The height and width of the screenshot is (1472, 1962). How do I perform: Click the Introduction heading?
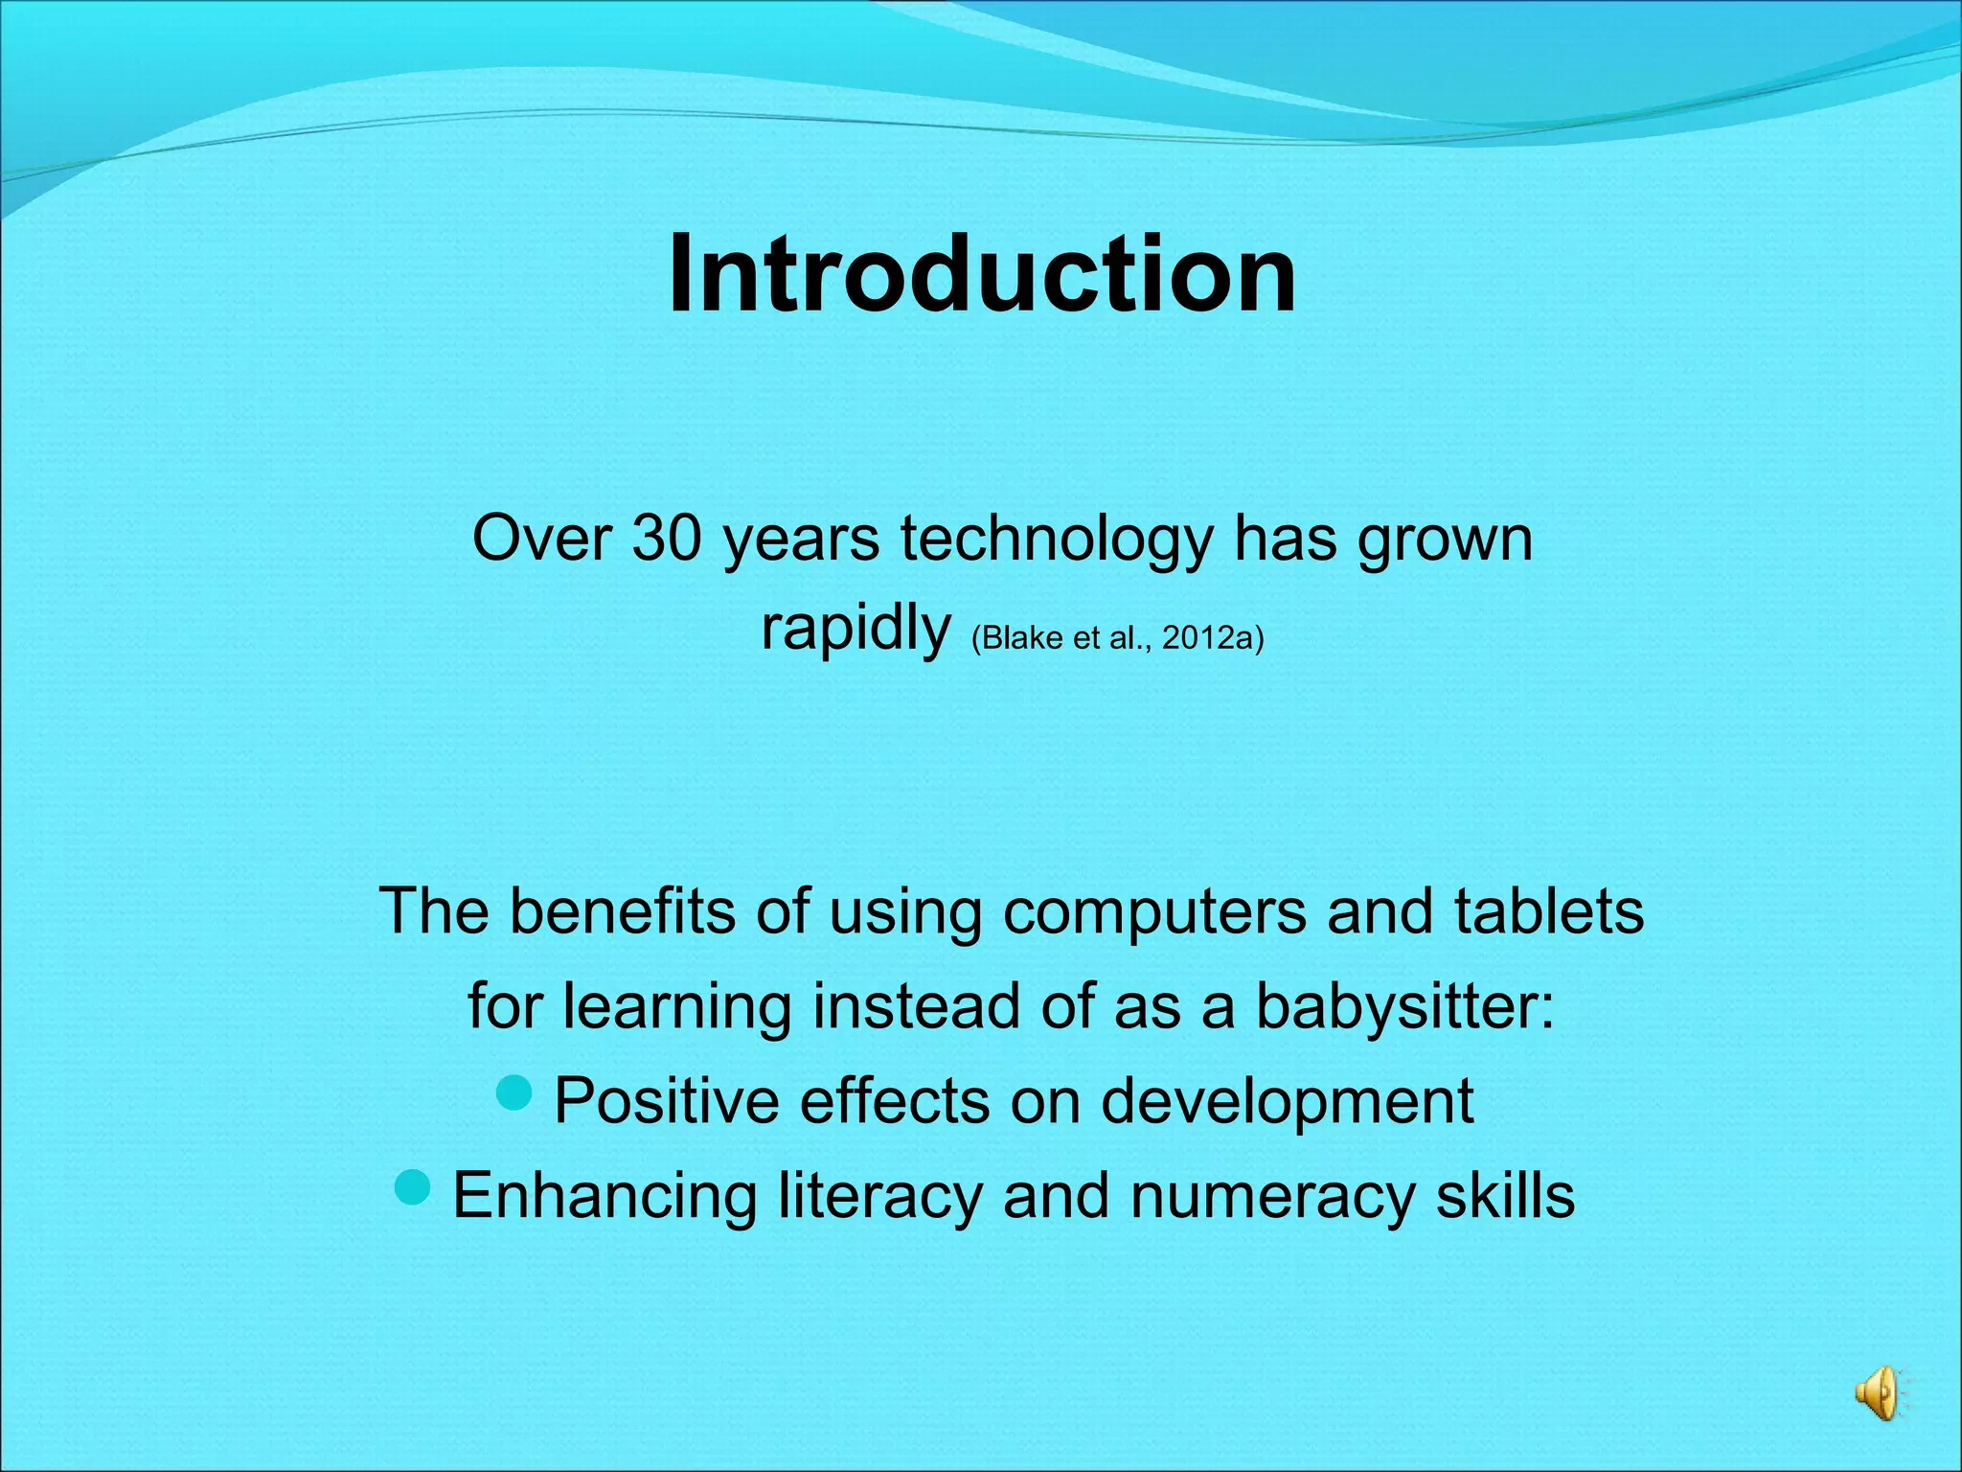981,275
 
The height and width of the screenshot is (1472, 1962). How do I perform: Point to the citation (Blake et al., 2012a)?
1117,638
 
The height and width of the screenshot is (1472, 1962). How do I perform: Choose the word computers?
1154,913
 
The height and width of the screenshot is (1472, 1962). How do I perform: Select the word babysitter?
1404,1007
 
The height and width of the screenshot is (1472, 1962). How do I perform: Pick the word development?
1287,1103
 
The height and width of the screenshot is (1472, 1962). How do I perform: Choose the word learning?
676,1009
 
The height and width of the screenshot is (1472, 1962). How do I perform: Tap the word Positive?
667,1101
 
